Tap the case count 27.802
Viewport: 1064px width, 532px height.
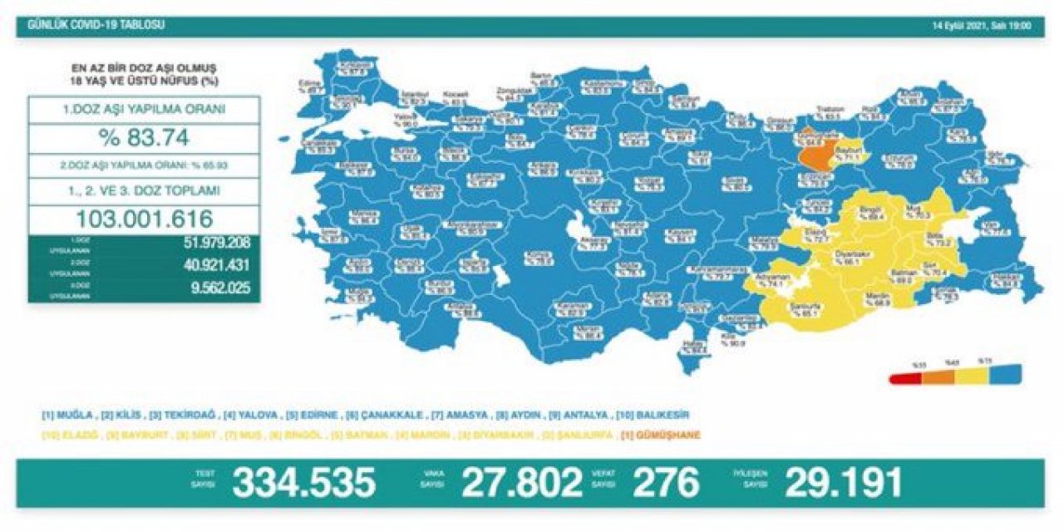click(x=522, y=483)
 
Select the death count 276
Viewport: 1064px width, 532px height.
click(x=666, y=483)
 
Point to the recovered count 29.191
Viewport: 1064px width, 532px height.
click(x=841, y=483)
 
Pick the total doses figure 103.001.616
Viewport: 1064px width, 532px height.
click(x=144, y=219)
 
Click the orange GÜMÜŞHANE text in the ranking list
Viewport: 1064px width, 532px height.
click(x=668, y=435)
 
